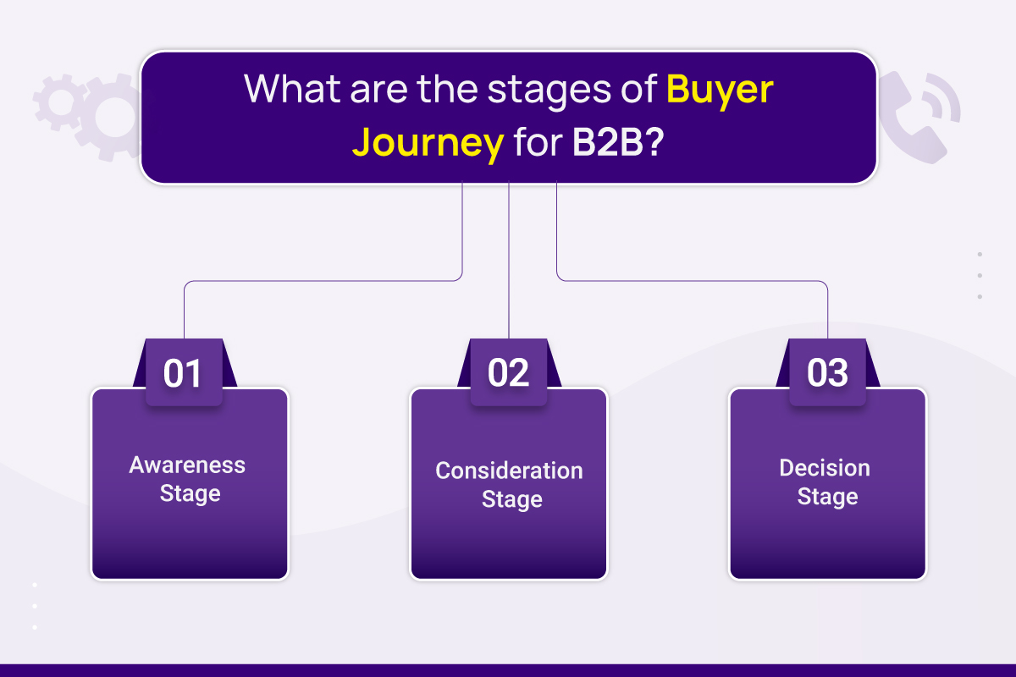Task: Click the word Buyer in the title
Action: (720, 91)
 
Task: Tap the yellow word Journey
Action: (428, 144)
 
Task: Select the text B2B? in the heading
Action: (618, 142)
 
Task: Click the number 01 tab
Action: (185, 372)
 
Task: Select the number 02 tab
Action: (509, 372)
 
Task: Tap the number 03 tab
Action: (827, 372)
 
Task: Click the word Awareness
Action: (187, 465)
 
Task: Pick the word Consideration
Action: (509, 471)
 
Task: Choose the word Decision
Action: (825, 467)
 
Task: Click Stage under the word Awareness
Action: (190, 494)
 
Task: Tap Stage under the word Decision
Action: (827, 497)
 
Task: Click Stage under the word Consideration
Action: (511, 499)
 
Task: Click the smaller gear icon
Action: (60, 102)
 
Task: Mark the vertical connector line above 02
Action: (509, 261)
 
